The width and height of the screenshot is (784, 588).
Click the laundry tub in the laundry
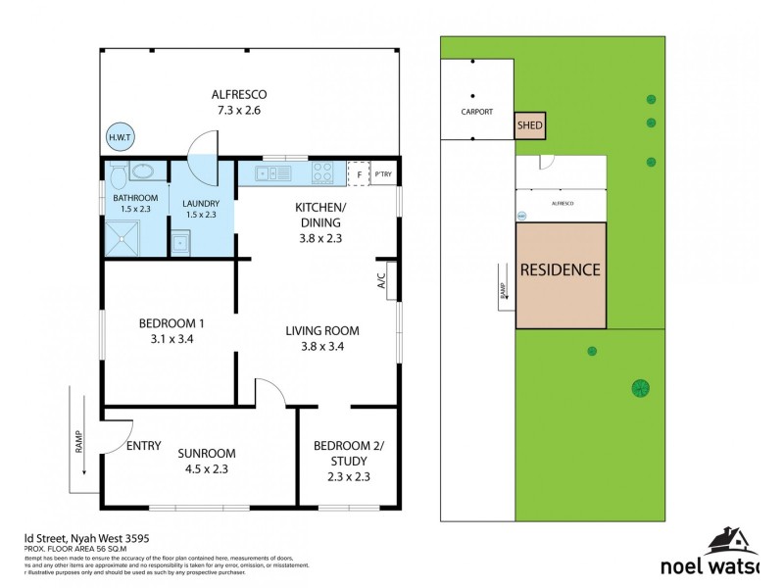tap(180, 243)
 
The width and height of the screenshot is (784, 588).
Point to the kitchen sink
tap(273, 175)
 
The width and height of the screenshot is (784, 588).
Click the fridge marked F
tap(360, 175)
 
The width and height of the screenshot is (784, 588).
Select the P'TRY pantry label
tap(383, 175)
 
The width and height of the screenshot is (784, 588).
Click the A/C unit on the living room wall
tap(390, 278)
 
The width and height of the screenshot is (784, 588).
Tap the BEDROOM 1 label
tap(171, 322)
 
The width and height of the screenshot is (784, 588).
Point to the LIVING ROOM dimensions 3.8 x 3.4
tap(321, 346)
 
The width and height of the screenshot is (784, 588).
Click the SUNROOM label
tap(207, 453)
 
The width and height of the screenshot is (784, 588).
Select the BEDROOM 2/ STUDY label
tap(349, 454)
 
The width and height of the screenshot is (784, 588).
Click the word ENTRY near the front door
tap(143, 446)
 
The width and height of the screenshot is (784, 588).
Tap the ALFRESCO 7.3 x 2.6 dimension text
tap(239, 111)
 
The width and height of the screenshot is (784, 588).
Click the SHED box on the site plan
tap(530, 126)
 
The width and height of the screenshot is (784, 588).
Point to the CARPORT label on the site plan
tap(477, 112)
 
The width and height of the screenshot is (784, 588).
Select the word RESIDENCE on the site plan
tap(560, 269)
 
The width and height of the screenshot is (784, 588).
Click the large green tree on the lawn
tap(640, 388)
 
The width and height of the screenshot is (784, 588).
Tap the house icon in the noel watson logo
tap(730, 541)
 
